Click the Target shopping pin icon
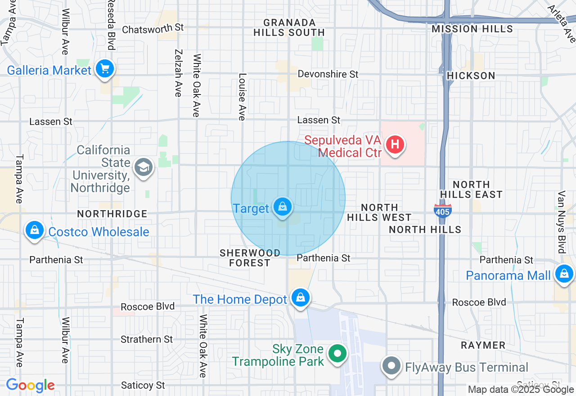[x=282, y=207]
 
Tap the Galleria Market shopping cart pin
[x=105, y=69]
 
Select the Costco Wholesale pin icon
[x=35, y=230]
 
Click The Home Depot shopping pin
[x=300, y=297]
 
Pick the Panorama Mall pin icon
[x=563, y=273]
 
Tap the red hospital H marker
[x=395, y=145]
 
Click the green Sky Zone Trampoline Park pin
[x=337, y=353]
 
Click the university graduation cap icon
[x=144, y=167]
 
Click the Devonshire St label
[x=328, y=74]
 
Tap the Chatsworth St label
[x=153, y=28]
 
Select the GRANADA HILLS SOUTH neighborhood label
[x=289, y=27]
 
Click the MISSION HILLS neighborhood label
[x=472, y=29]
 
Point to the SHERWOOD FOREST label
[x=250, y=258]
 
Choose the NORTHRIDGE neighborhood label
[x=112, y=214]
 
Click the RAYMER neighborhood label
[x=483, y=345]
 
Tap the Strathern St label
[x=147, y=339]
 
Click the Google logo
[x=30, y=386]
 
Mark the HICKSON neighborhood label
[x=471, y=76]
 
